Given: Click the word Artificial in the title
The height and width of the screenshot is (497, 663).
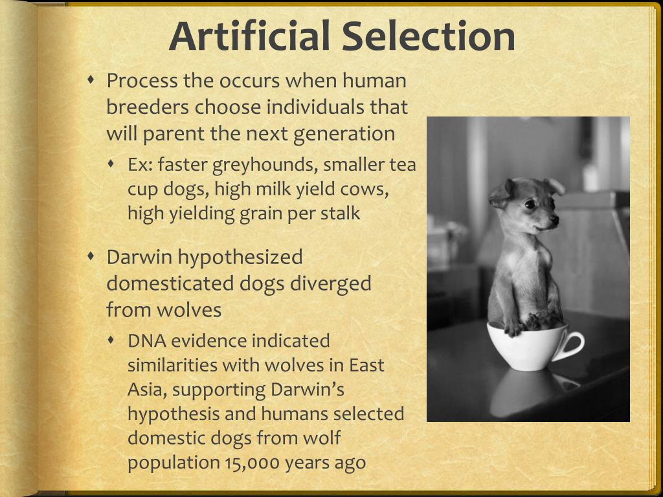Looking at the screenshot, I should [x=251, y=36].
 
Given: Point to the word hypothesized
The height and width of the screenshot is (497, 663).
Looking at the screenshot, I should [x=240, y=257].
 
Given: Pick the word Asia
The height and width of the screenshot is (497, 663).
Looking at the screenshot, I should [x=147, y=390].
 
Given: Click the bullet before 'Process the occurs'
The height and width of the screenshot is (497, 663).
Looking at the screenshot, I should [x=92, y=80].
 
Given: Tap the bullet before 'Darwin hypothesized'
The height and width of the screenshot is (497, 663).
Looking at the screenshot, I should [x=92, y=256].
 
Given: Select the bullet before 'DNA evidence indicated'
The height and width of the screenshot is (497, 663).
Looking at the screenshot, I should [x=113, y=340].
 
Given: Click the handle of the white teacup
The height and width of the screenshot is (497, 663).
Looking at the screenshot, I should [x=572, y=346].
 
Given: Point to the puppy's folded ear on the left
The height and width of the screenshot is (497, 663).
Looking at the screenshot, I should [x=500, y=193].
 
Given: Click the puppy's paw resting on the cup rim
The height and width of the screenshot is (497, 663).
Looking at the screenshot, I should [x=513, y=328].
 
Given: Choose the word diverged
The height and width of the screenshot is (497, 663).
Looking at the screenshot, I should [x=331, y=283].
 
